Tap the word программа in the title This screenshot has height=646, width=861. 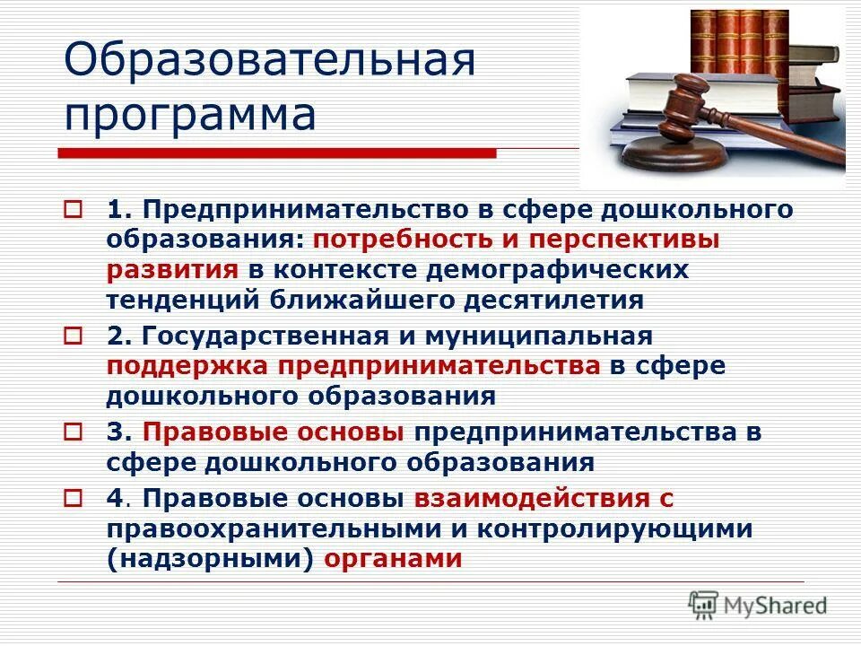pyautogui.click(x=189, y=116)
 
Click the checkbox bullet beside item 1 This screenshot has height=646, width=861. pyautogui.click(x=73, y=211)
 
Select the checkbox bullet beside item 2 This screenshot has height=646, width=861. pyautogui.click(x=73, y=336)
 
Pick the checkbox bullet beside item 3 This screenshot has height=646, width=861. pyautogui.click(x=73, y=432)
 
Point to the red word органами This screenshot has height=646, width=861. pyautogui.click(x=393, y=558)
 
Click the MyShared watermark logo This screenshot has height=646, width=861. pyautogui.click(x=758, y=605)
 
